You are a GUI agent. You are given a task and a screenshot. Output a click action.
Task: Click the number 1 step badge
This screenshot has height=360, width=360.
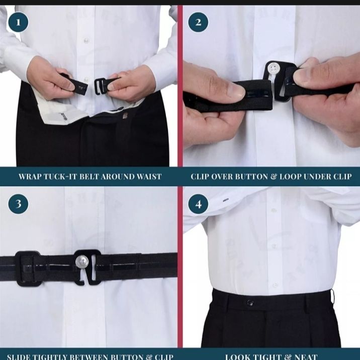point(18,23)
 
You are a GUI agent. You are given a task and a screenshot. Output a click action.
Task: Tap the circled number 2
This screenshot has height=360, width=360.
point(198,23)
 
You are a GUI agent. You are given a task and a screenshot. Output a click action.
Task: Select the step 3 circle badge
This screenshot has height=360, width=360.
point(18,204)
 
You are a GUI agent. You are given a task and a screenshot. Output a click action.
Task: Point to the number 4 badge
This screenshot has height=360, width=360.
point(198,204)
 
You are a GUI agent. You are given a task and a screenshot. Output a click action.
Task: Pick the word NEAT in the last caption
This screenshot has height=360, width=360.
point(306,356)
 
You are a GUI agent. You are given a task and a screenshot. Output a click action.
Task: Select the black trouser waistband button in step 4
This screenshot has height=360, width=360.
point(250,303)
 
